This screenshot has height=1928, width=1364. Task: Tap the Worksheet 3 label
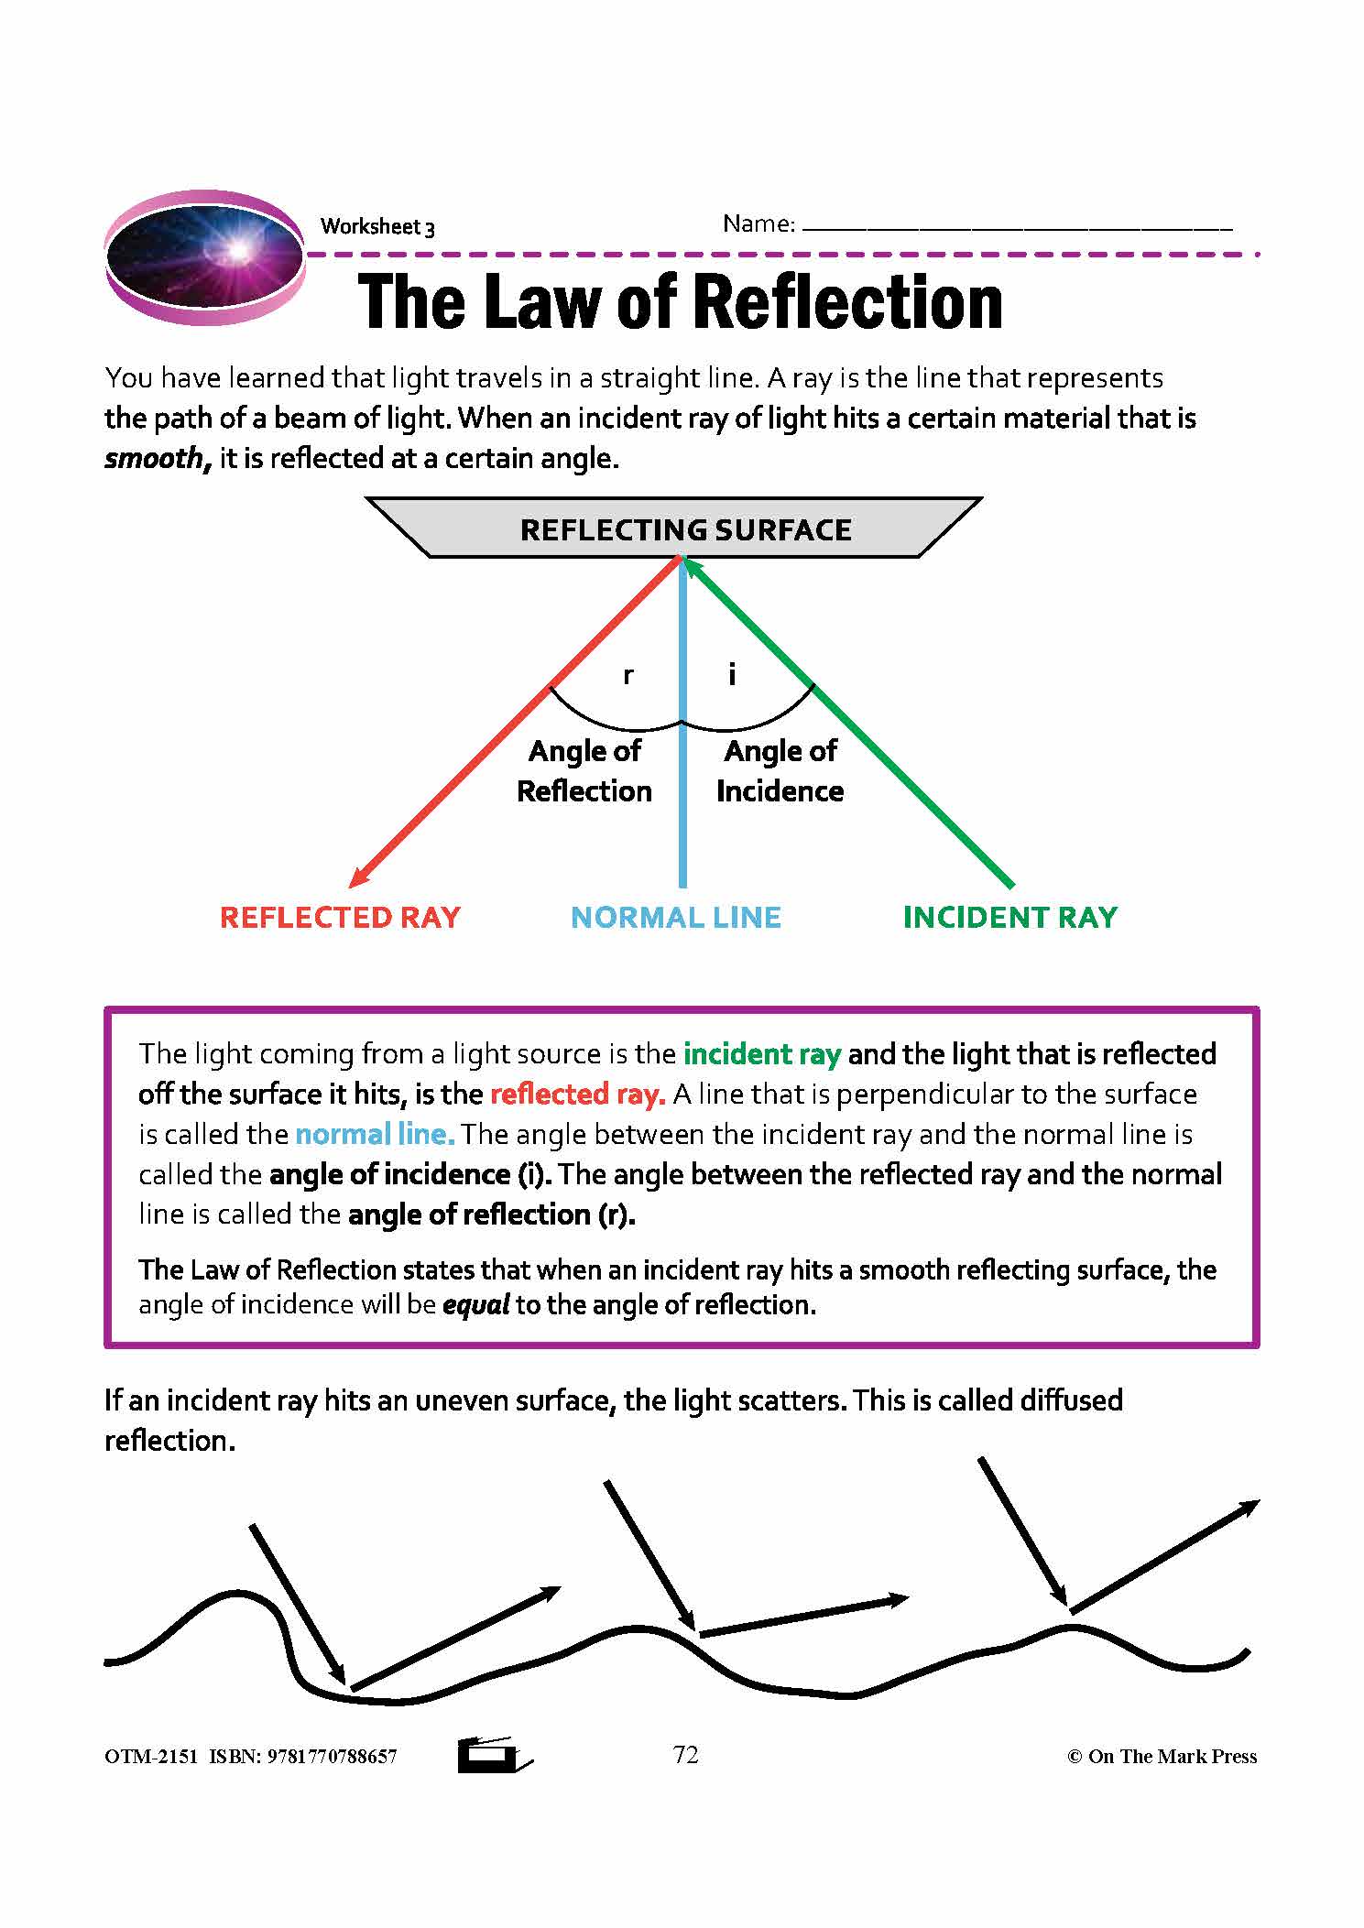376,227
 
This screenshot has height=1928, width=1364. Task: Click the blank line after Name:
1017,225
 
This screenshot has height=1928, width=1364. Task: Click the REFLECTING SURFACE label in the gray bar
685,530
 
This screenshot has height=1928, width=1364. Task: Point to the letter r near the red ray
627,676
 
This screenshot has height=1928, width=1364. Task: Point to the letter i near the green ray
731,676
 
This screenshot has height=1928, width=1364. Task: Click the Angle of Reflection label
584,770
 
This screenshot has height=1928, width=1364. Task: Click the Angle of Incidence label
780,770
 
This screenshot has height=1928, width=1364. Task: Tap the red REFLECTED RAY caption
340,918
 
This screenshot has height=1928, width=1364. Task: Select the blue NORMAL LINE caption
676,918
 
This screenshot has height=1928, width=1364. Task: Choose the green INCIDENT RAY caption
1010,918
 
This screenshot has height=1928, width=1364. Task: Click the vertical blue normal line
682,806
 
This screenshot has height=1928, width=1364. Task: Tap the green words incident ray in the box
762,1054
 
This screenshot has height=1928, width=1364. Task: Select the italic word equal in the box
475,1304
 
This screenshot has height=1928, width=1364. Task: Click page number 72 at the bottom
685,1755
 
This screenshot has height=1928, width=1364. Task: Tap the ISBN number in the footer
331,1757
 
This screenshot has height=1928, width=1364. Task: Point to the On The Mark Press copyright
1162,1757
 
